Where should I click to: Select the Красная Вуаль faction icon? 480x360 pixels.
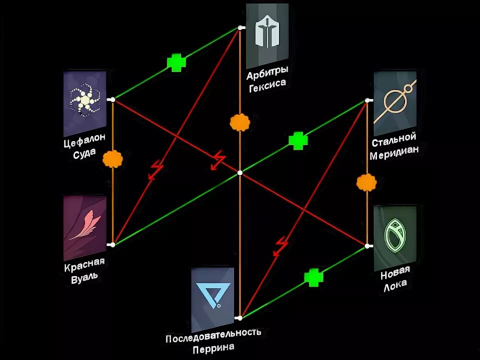(x=85, y=227)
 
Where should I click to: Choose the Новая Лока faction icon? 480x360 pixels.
(x=395, y=237)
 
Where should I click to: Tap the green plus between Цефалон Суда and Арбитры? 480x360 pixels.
(x=176, y=62)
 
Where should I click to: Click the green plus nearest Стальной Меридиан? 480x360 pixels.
(x=298, y=140)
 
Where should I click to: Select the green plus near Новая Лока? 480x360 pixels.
(x=313, y=277)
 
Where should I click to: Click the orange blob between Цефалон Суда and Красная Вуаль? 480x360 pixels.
(x=112, y=159)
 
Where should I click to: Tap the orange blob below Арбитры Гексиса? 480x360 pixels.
(x=240, y=122)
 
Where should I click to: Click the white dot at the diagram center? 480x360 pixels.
(x=240, y=172)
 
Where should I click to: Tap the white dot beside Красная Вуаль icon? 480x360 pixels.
(x=112, y=244)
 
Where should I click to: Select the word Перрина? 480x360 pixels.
(x=213, y=347)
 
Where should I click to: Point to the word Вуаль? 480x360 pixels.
(x=85, y=275)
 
